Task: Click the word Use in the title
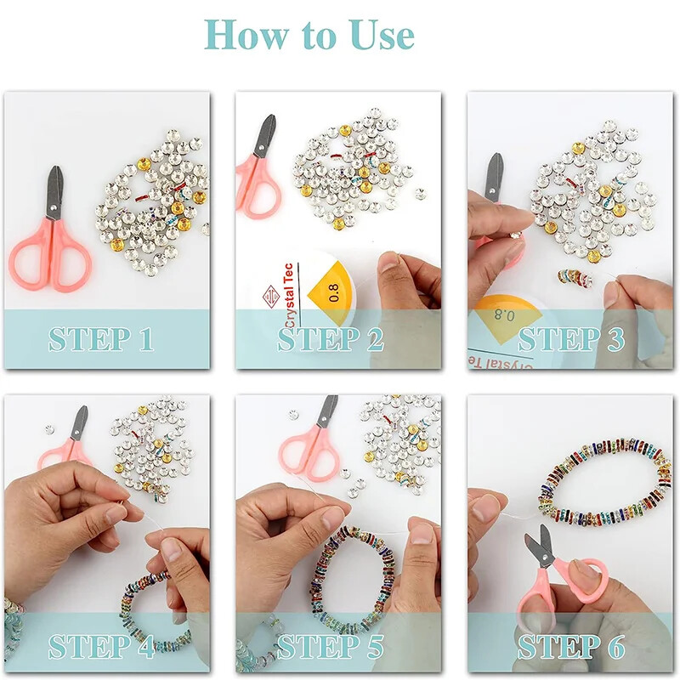tap(382, 35)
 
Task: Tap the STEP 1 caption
tap(101, 339)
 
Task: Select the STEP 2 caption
tap(331, 339)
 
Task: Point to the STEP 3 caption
tap(571, 339)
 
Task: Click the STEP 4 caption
tap(101, 646)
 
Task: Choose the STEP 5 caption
tap(331, 646)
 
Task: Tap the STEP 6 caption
tap(571, 646)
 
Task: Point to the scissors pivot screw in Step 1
tap(53, 208)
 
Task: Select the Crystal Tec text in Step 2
tap(290, 296)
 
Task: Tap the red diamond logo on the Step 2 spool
tap(270, 297)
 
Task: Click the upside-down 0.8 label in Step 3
tap(504, 314)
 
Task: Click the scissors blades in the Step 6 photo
tap(538, 543)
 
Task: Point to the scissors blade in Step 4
tap(79, 423)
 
